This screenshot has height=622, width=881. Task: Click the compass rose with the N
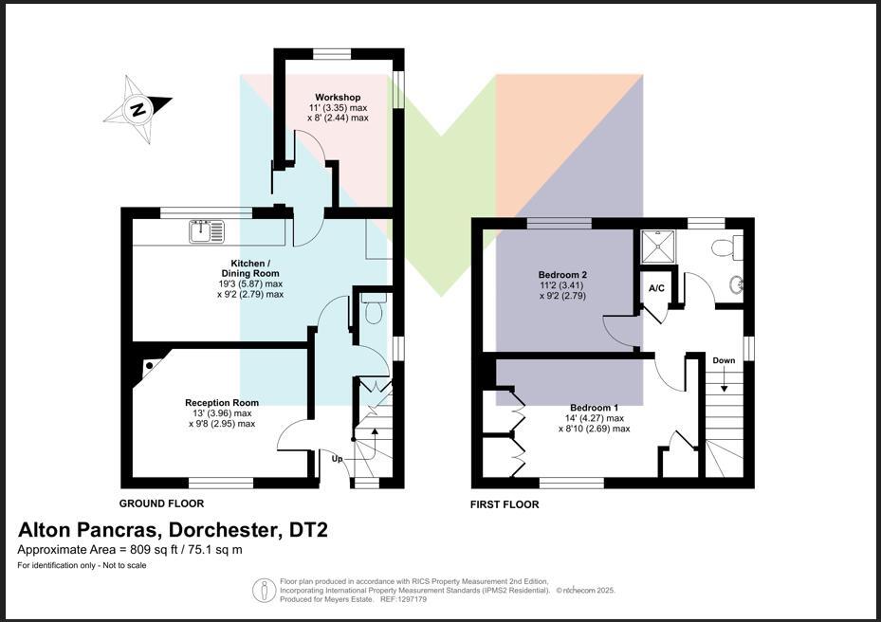coord(138,109)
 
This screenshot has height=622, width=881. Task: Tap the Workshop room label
coord(338,98)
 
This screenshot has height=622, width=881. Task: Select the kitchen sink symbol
coord(206,231)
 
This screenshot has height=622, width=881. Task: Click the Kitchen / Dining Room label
coord(250,268)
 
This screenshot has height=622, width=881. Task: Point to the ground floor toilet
coord(373,307)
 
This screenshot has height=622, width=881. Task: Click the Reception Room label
coord(222,402)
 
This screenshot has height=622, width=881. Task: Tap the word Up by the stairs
coord(337,459)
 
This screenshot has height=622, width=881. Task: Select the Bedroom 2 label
coord(562,275)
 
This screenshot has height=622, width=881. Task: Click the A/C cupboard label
coord(656,288)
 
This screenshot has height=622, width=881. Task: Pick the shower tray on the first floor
coord(659,247)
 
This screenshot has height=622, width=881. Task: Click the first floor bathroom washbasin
coord(736,285)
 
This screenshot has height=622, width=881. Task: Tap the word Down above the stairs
coord(724,360)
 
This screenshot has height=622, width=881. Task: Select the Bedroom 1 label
coord(594,408)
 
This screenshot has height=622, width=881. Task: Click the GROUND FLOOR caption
coord(161,503)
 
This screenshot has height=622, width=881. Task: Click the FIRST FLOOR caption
coord(505,504)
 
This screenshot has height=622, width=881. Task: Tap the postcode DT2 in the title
coord(308,530)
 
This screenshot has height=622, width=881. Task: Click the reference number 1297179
coord(412,599)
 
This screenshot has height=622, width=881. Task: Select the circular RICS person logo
coord(264,591)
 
